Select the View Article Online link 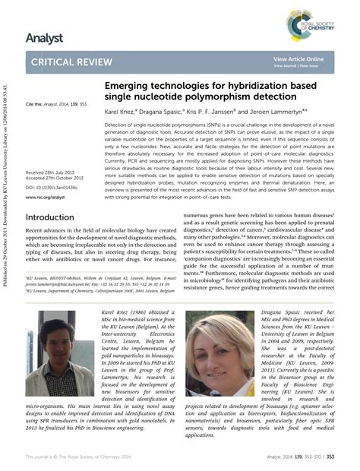[x=298, y=58]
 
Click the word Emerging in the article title [x=127, y=88]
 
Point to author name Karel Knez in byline [x=124, y=111]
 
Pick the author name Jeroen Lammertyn [x=295, y=111]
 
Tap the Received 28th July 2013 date [x=53, y=173]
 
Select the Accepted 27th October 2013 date [x=56, y=180]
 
